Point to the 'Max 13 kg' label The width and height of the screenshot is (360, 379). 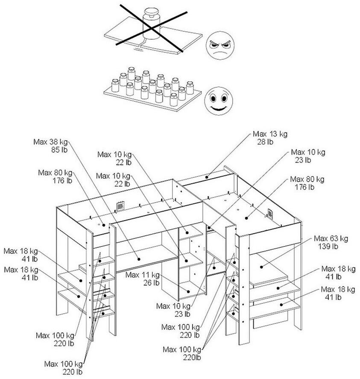(x=270, y=134)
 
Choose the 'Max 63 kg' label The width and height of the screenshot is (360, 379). (x=331, y=238)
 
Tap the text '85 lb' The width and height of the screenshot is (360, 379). (x=56, y=150)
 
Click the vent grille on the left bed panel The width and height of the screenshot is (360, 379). (x=120, y=206)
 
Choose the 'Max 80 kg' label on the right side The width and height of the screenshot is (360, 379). (x=307, y=179)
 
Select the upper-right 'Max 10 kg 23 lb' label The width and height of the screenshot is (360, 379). (x=307, y=152)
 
